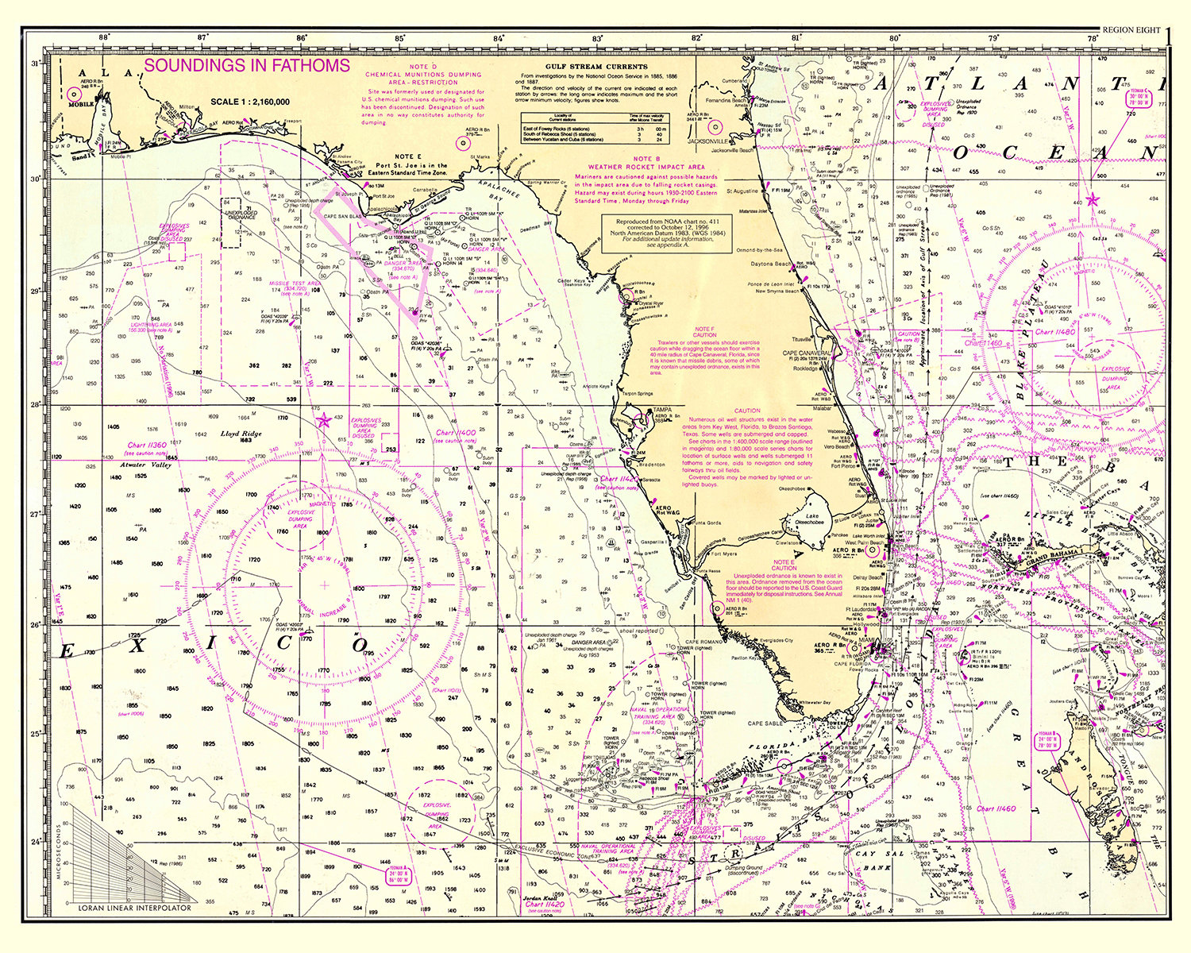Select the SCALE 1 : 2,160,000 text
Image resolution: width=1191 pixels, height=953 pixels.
pos(250,102)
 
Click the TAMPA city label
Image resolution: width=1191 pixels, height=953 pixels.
pos(661,411)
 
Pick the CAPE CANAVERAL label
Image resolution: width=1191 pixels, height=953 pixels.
pos(807,353)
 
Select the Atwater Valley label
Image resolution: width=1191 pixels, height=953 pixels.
pos(145,465)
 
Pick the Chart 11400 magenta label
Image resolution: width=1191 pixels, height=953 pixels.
pos(455,433)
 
